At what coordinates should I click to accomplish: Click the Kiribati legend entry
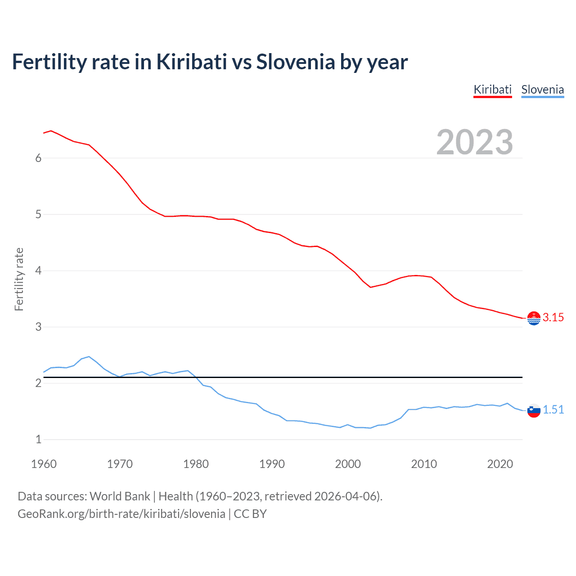coord(492,90)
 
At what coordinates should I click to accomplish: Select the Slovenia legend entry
coord(542,90)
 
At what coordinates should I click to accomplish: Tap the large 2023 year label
coord(474,142)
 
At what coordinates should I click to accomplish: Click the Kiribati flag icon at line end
coord(534,318)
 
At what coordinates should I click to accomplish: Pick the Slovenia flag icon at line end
coord(534,410)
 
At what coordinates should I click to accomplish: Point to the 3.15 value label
coord(553,318)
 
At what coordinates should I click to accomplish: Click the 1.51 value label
coord(553,410)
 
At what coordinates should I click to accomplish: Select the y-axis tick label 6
coord(38,158)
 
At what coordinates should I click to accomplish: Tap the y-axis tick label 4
coord(38,271)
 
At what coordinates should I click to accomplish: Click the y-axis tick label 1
coord(38,440)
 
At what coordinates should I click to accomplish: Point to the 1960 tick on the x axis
coord(44,464)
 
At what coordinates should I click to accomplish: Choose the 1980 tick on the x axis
coord(196,464)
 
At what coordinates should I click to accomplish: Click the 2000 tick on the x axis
coord(348,464)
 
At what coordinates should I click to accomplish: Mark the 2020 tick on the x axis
coord(500,464)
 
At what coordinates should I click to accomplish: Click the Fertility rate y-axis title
coord(19,279)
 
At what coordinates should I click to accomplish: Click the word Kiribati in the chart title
coord(191,62)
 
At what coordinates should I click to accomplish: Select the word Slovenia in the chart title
coord(295,62)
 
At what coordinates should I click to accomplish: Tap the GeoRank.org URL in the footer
coord(121,514)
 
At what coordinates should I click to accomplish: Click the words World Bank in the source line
coord(120,496)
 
